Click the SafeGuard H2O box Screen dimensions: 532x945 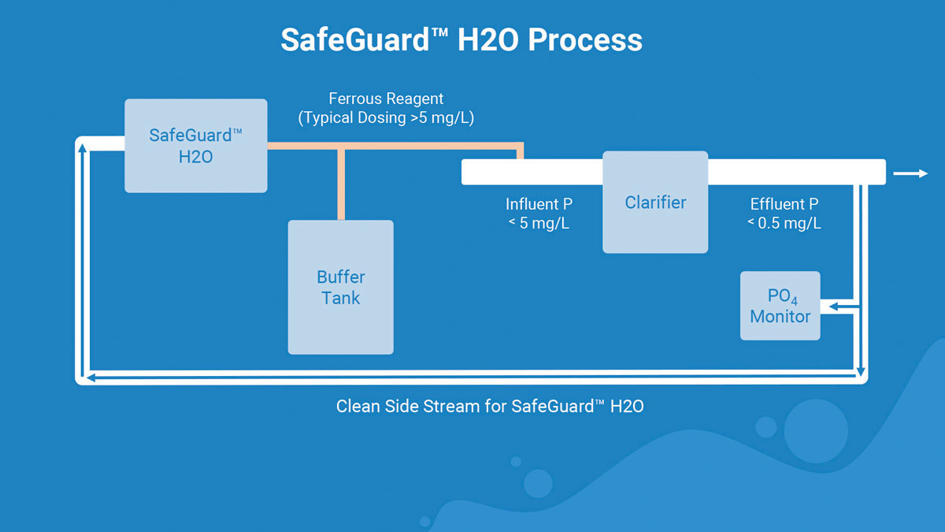point(195,146)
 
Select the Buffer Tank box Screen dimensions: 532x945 point(340,287)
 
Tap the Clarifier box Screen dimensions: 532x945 point(655,203)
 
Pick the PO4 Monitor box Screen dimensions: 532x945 point(780,306)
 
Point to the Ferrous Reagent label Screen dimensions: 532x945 point(386,99)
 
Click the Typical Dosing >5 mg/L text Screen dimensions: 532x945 point(386,118)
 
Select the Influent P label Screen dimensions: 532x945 point(539,204)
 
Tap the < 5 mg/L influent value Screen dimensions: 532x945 point(539,223)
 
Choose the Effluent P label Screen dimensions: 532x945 point(784,204)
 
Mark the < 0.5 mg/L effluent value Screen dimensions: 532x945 point(784,223)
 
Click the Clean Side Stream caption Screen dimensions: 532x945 point(490,407)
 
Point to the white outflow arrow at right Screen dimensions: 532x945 point(911,173)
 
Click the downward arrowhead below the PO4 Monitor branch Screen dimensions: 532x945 point(862,370)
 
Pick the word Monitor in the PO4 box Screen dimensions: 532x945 point(780,317)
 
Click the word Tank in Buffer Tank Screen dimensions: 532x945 point(340,298)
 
